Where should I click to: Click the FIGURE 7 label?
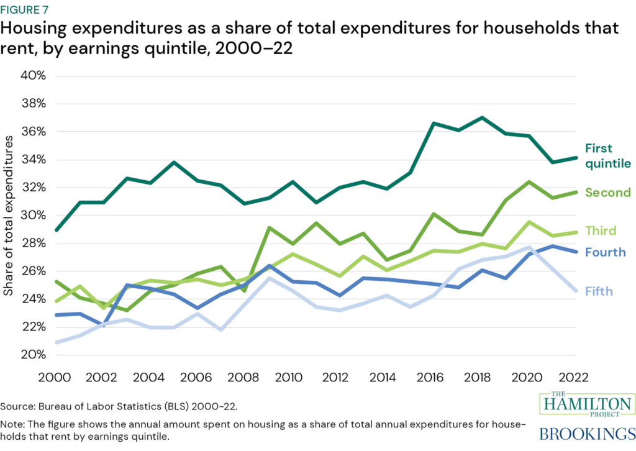pos(29,9)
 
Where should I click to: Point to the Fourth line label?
pos(604,252)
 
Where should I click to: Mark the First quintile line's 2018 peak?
pos(482,117)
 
